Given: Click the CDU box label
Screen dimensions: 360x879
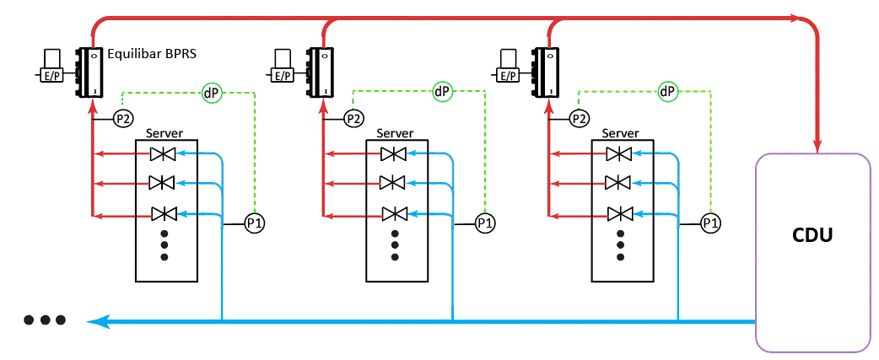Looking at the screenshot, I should click(813, 235).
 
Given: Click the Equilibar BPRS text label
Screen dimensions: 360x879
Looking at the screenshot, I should click(152, 54).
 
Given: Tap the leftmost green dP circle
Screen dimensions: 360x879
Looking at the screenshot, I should click(211, 91).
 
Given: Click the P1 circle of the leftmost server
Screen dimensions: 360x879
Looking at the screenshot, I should click(254, 223).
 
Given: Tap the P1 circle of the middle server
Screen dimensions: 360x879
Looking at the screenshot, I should click(484, 223).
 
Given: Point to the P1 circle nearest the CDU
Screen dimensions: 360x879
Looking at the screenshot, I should click(711, 223).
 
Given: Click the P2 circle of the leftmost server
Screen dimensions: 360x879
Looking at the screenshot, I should click(123, 119).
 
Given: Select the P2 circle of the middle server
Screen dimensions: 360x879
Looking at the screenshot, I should click(353, 119).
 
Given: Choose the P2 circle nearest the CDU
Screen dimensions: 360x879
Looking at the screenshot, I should click(579, 119).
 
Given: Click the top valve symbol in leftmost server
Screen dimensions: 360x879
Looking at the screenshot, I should click(162, 153).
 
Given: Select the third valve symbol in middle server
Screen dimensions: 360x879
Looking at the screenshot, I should click(393, 213).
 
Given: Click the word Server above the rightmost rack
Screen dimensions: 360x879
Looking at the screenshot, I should click(620, 133).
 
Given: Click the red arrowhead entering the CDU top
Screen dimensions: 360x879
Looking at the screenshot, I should click(817, 145).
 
